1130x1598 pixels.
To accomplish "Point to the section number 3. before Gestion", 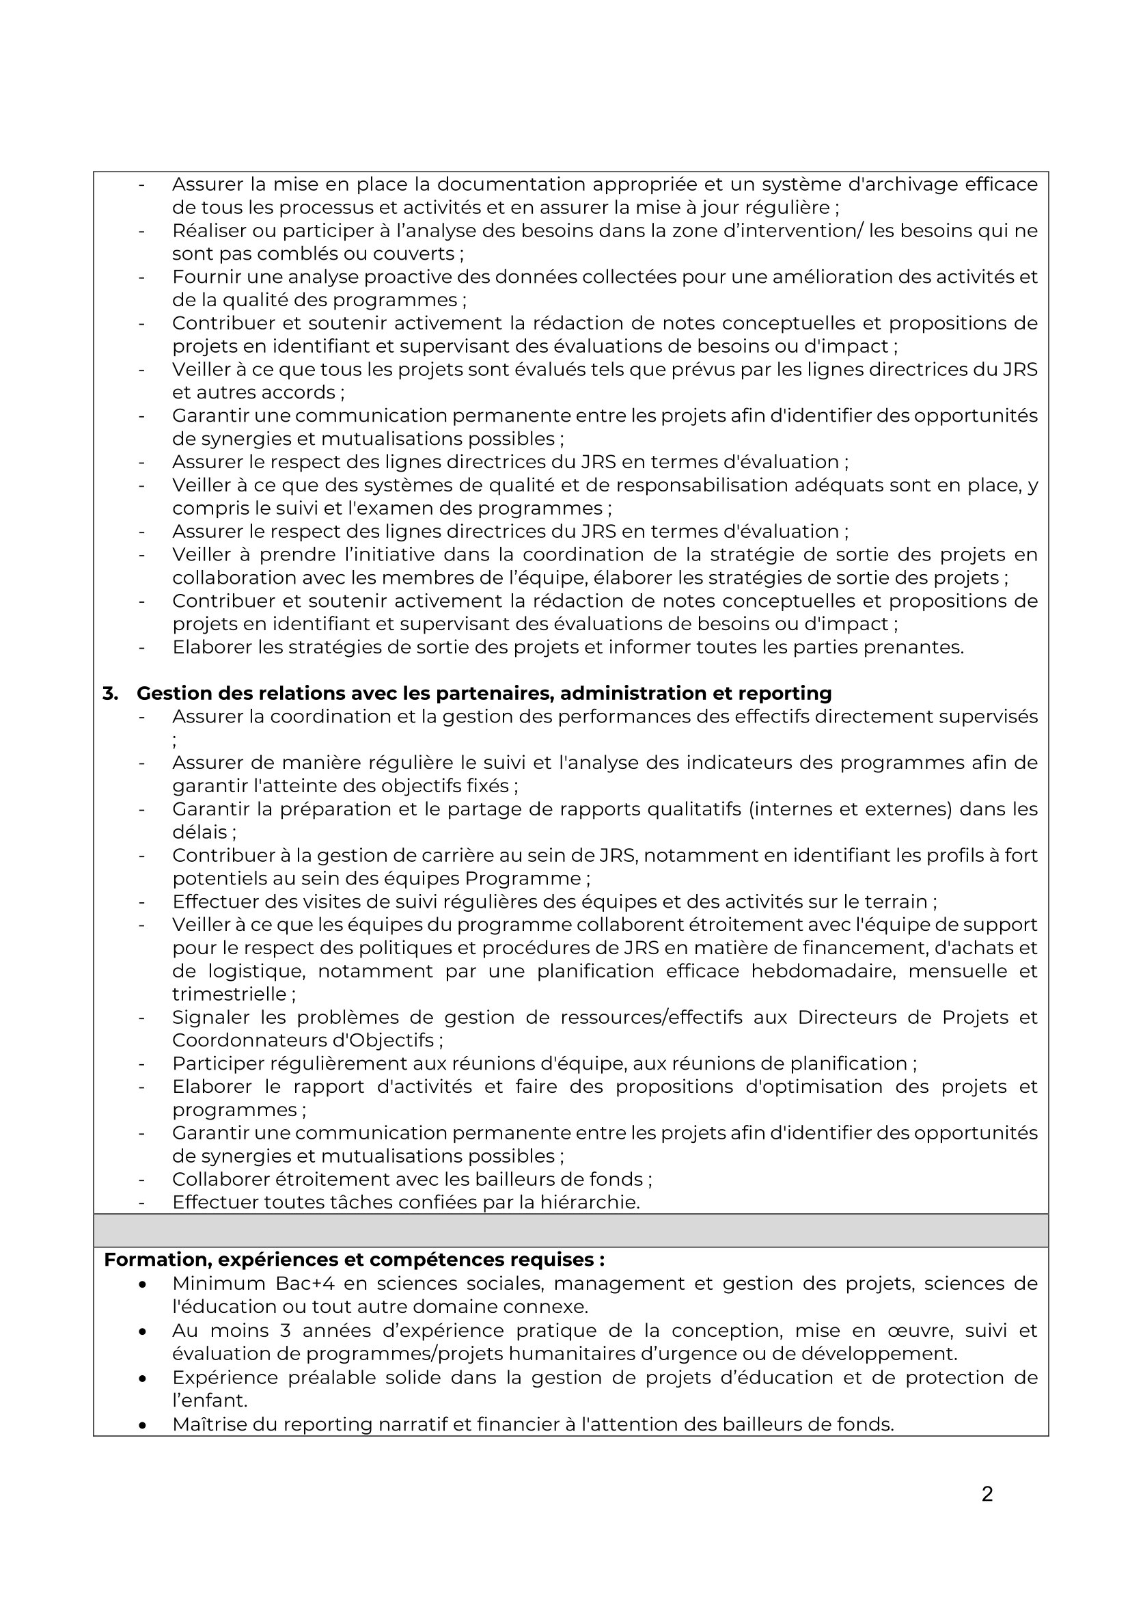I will (x=110, y=693).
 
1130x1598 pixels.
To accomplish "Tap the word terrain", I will (x=897, y=902).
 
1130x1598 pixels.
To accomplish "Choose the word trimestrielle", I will (x=230, y=994).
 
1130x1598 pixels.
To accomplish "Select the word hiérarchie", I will (x=589, y=1202).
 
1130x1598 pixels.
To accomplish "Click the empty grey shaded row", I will (x=570, y=1230).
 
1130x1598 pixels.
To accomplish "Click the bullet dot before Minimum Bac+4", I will (x=143, y=1285).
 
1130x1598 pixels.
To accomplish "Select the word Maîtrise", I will (x=209, y=1424).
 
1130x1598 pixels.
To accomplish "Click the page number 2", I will (x=987, y=1494).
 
